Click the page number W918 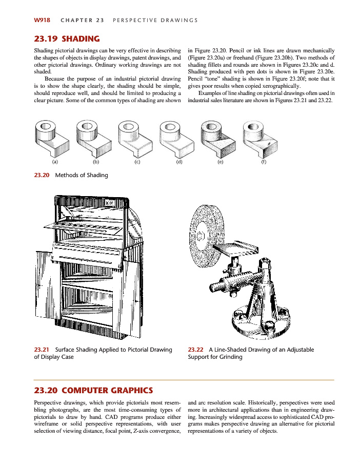coord(42,20)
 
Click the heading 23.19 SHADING coord(66,38)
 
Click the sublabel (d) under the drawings coord(179,162)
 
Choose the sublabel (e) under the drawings coord(221,162)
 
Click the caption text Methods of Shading coord(82,175)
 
